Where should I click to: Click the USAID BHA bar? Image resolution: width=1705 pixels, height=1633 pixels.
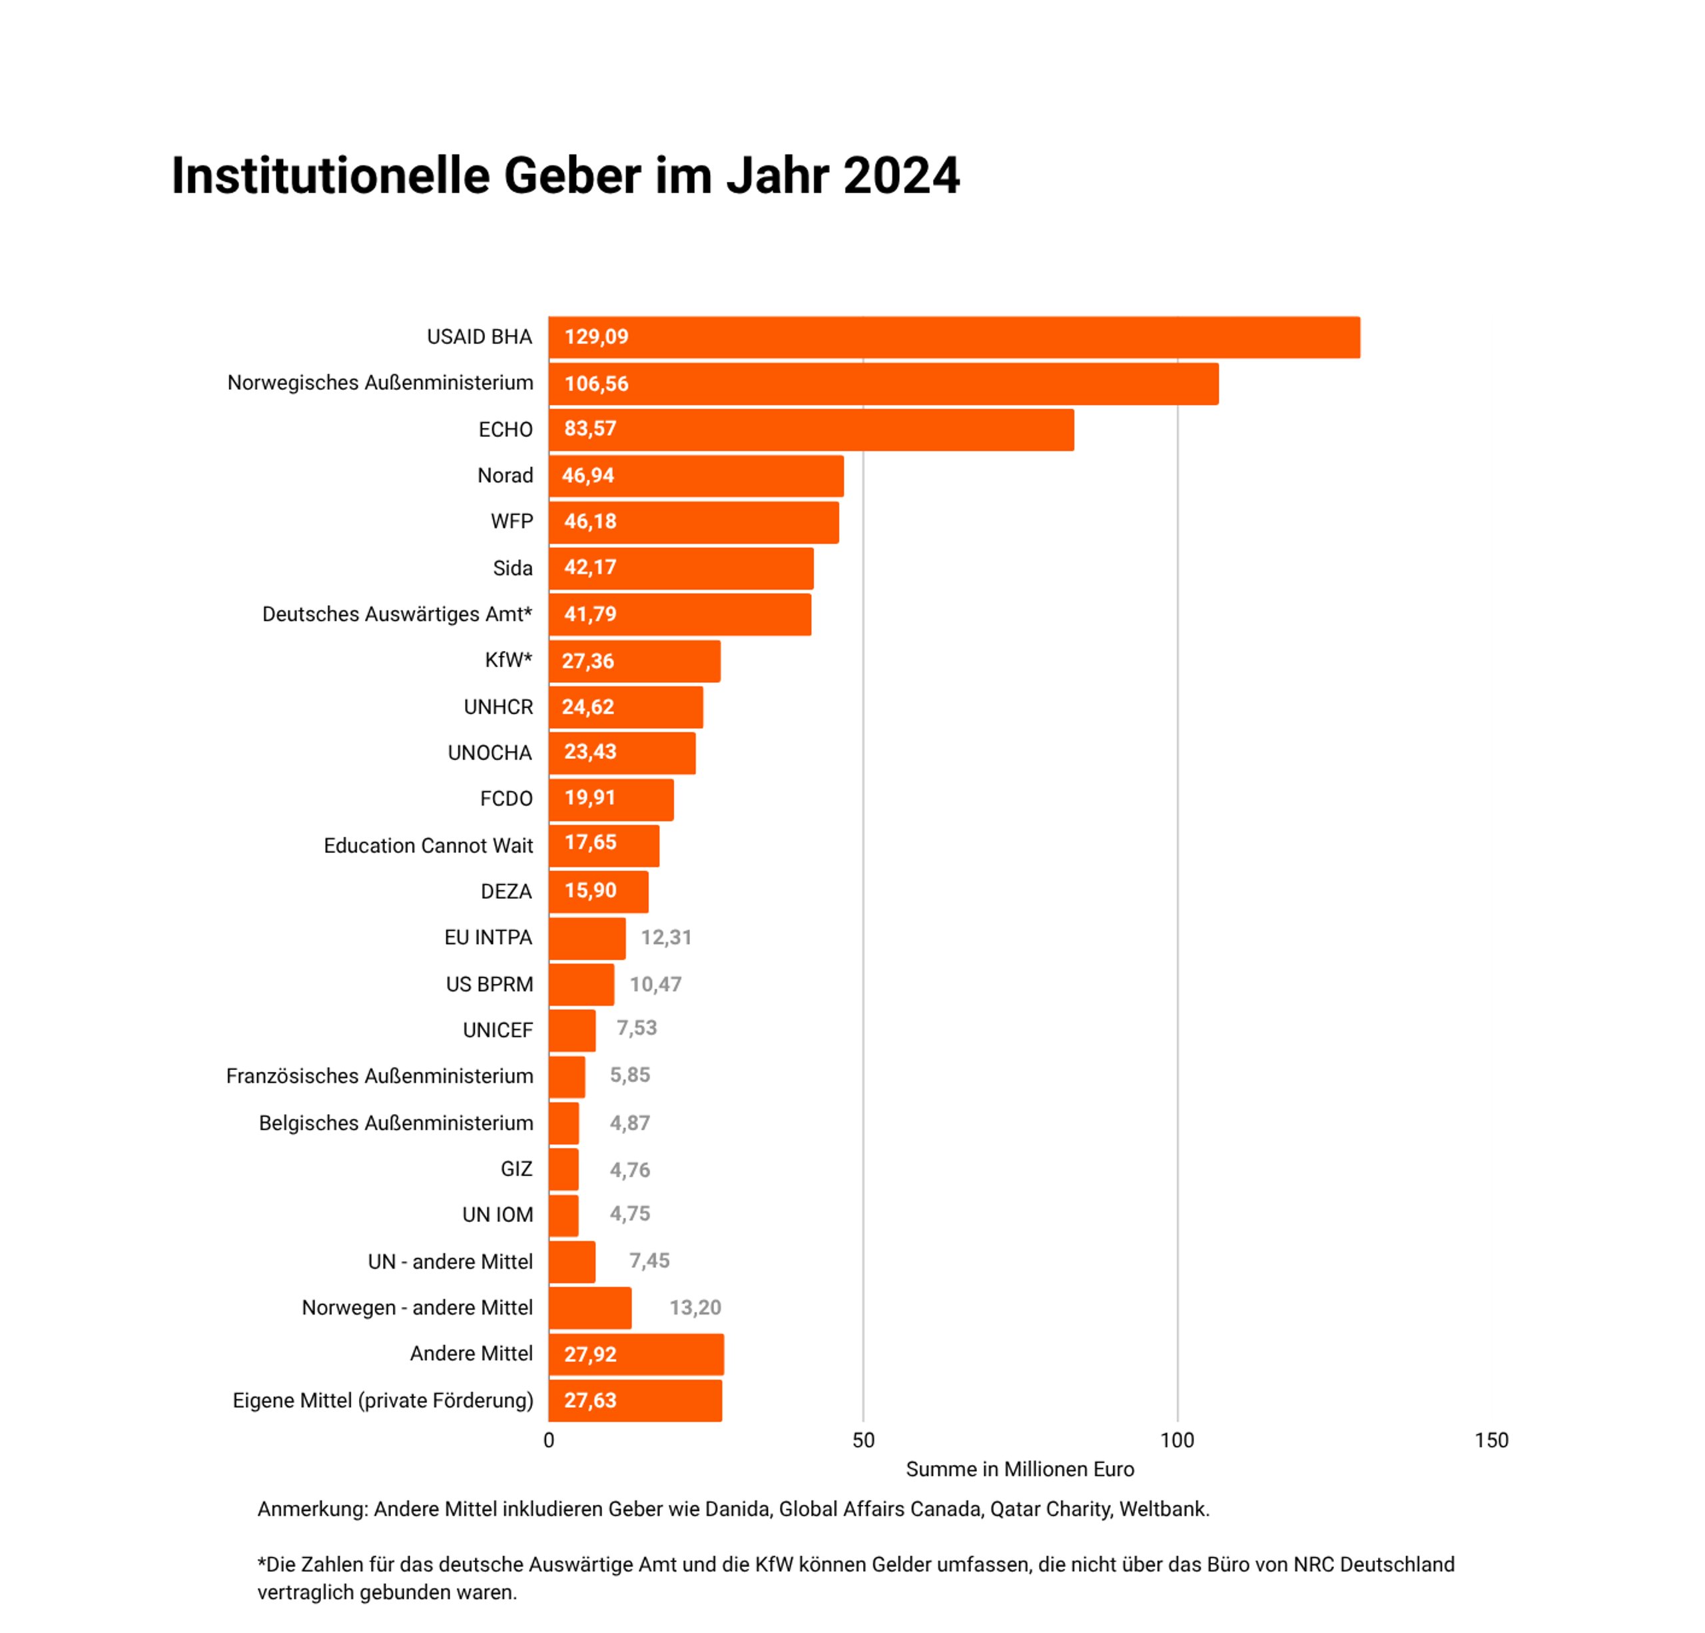click(x=954, y=338)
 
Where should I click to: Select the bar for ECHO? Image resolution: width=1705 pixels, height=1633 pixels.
click(x=811, y=430)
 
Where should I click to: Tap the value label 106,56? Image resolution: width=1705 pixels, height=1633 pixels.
click(x=596, y=384)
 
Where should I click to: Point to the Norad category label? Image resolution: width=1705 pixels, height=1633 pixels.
click(x=505, y=476)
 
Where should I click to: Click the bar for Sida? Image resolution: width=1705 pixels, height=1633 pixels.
click(x=681, y=568)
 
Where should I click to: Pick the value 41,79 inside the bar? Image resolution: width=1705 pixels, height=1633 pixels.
click(x=590, y=614)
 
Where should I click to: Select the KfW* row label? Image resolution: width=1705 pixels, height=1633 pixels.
click(x=508, y=660)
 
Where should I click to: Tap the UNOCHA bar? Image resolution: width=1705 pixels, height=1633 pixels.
click(x=622, y=753)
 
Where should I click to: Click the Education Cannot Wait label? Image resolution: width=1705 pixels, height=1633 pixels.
click(x=428, y=845)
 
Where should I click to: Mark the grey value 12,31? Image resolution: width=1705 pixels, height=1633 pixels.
click(x=666, y=938)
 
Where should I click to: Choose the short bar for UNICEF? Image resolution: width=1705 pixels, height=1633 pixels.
click(x=571, y=1030)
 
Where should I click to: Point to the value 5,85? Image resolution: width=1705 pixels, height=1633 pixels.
click(x=630, y=1075)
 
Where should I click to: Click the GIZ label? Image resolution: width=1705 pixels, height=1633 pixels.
click(x=516, y=1169)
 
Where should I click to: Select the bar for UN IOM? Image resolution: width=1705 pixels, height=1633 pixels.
click(x=563, y=1215)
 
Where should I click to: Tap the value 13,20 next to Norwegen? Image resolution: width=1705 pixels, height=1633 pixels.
click(x=695, y=1308)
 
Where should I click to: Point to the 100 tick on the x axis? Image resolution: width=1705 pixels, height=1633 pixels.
click(x=1177, y=1440)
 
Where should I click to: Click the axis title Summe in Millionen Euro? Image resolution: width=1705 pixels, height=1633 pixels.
click(x=1020, y=1470)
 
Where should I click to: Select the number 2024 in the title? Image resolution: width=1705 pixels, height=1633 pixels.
click(x=901, y=176)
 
